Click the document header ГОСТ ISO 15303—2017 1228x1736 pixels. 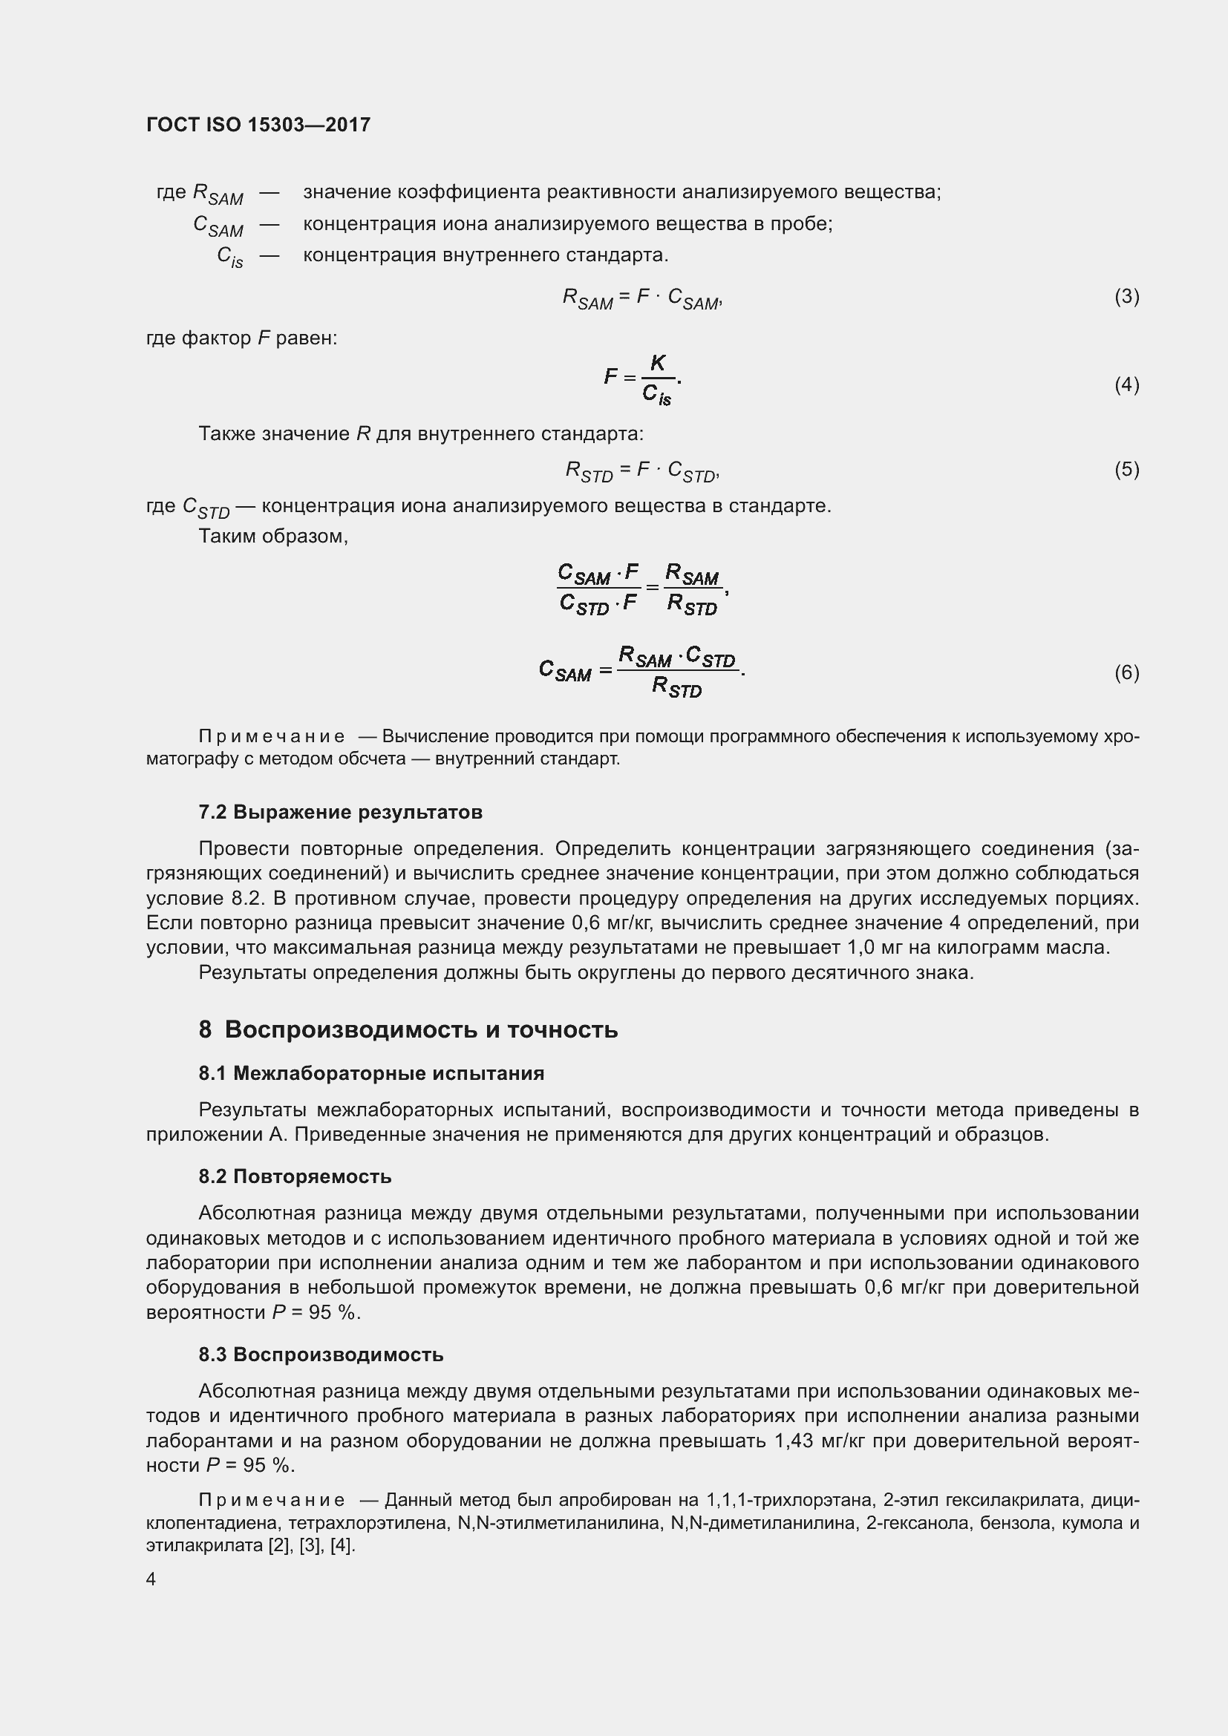258,125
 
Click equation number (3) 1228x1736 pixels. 1126,296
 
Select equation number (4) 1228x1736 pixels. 1126,385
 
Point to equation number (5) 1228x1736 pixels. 1126,470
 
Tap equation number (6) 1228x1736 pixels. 1126,672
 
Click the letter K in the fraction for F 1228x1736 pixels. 658,364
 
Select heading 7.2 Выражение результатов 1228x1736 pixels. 340,812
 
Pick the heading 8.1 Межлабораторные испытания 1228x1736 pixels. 371,1074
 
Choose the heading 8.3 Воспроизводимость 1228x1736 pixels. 321,1355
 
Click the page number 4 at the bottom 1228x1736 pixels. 151,1579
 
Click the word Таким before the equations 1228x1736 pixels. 228,537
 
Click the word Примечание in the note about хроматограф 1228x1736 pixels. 272,736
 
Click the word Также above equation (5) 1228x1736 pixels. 224,434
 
